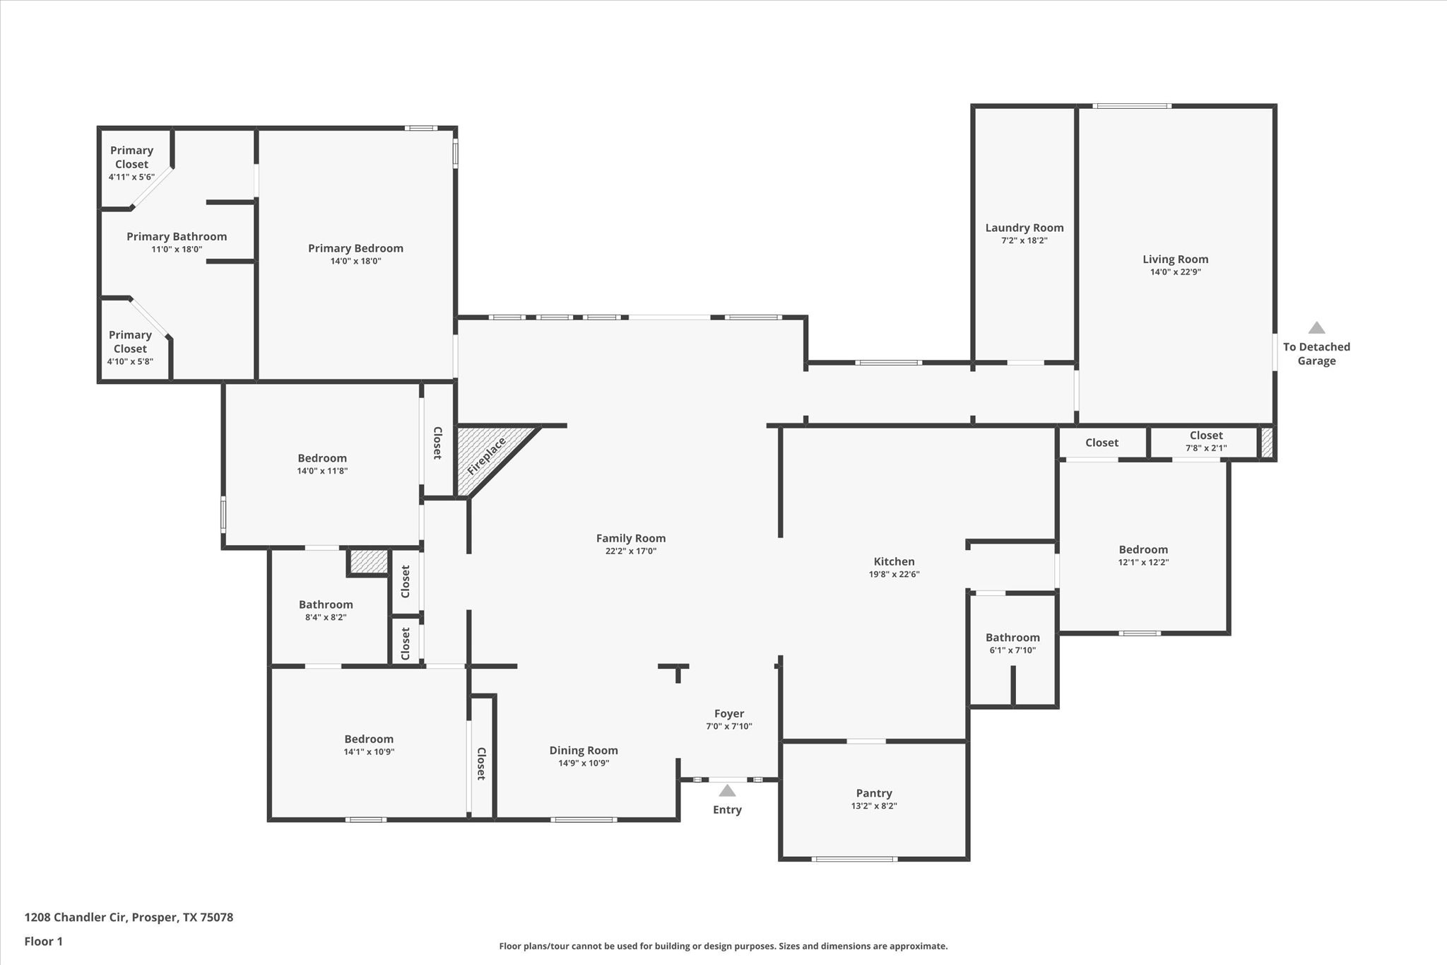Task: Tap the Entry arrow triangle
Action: point(727,791)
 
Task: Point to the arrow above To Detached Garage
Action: point(1316,328)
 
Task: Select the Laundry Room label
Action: point(1024,228)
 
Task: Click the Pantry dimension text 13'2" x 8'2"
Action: point(874,806)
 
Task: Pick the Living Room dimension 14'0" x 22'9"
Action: point(1175,272)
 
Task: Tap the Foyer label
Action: point(728,713)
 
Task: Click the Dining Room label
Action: point(584,750)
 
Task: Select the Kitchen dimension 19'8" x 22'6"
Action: point(894,575)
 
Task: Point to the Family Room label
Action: point(630,538)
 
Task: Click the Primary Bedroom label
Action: point(355,248)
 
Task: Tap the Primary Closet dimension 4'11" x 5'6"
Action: point(131,177)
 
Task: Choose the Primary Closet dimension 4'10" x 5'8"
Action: point(130,362)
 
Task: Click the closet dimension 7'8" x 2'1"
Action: point(1205,448)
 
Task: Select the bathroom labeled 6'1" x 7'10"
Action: point(1012,644)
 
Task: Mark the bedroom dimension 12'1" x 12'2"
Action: point(1142,563)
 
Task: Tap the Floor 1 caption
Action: point(44,941)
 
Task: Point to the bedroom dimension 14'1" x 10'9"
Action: point(369,752)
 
